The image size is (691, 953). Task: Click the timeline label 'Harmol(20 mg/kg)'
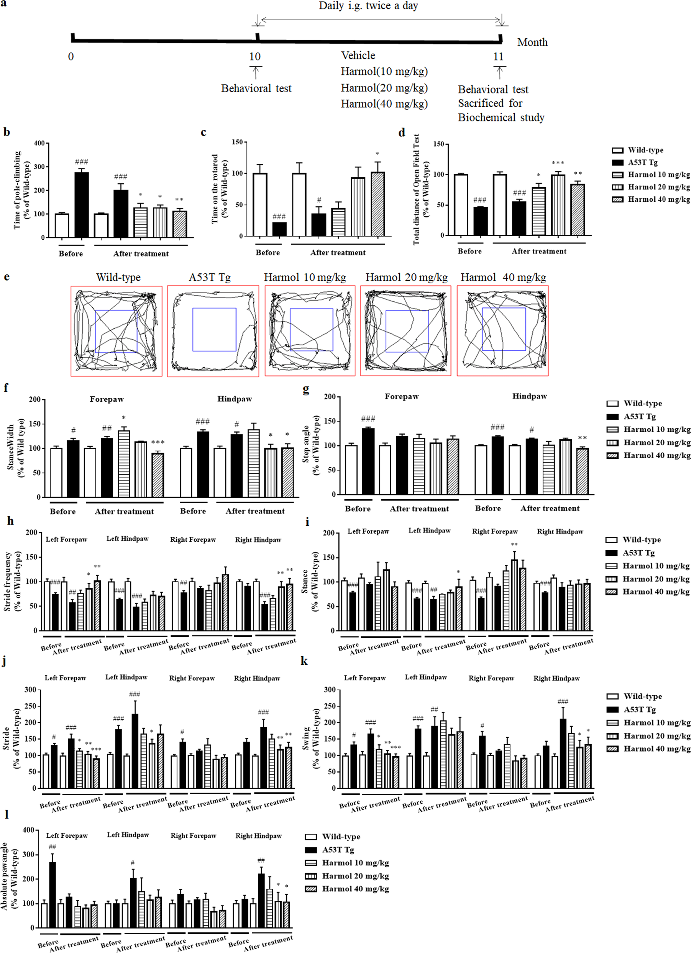pyautogui.click(x=384, y=88)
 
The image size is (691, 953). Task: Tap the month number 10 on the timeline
pyautogui.click(x=255, y=57)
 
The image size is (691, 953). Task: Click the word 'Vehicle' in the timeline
pyautogui.click(x=358, y=56)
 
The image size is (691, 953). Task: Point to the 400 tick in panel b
pyautogui.click(x=39, y=143)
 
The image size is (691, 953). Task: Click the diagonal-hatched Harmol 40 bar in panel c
pyautogui.click(x=377, y=204)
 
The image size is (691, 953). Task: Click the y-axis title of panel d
pyautogui.click(x=420, y=190)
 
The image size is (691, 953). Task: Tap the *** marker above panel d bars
pyautogui.click(x=558, y=163)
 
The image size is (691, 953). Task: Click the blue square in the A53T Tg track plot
pyautogui.click(x=214, y=329)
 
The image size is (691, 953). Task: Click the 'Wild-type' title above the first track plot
pyautogui.click(x=118, y=277)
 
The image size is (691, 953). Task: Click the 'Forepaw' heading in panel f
pyautogui.click(x=107, y=399)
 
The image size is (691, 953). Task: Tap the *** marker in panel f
pyautogui.click(x=158, y=442)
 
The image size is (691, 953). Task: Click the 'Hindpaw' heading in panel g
pyautogui.click(x=529, y=396)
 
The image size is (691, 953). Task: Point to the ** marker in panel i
pyautogui.click(x=514, y=544)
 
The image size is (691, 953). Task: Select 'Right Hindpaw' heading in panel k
pyautogui.click(x=556, y=678)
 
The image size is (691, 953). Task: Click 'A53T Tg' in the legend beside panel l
pyautogui.click(x=338, y=850)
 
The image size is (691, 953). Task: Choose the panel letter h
pyautogui.click(x=10, y=521)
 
